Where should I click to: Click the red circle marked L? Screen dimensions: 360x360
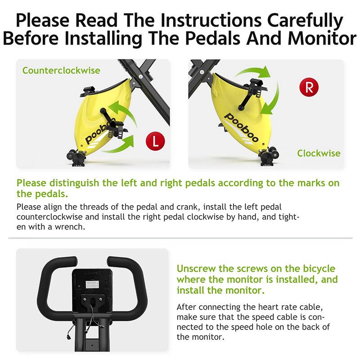[x=155, y=141]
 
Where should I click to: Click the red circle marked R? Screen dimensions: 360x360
[x=309, y=87]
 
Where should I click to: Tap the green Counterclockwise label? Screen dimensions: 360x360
[x=61, y=71]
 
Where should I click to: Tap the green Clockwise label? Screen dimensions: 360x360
[x=319, y=153]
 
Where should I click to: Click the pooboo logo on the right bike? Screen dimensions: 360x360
[x=241, y=127]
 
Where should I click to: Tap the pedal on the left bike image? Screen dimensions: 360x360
[x=116, y=129]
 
